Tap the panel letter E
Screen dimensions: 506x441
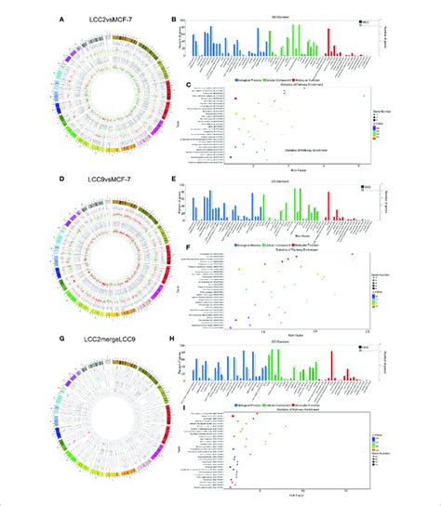(x=177, y=179)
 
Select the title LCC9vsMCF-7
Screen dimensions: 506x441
(x=99, y=179)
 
